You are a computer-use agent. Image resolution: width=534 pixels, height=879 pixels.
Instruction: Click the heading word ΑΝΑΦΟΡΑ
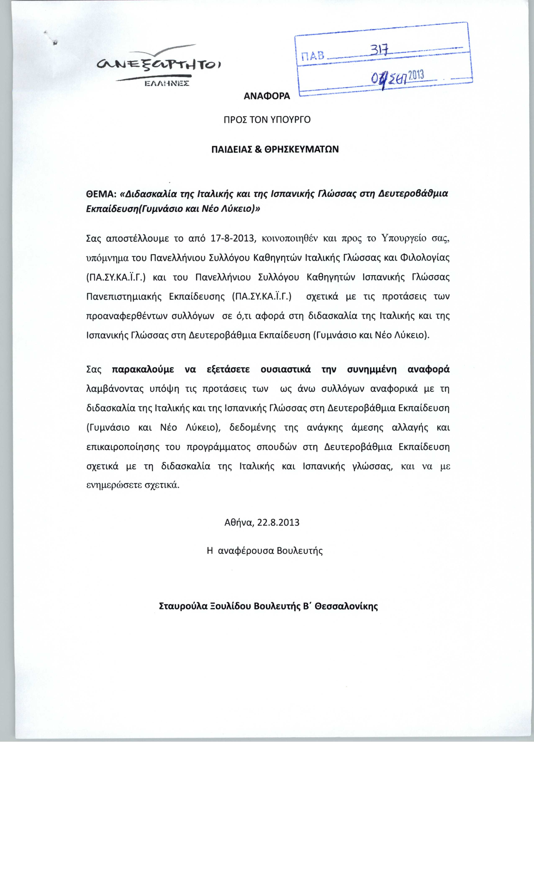tap(267, 96)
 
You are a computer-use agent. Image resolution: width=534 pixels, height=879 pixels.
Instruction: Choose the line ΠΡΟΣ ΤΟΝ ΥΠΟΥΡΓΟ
tap(267, 120)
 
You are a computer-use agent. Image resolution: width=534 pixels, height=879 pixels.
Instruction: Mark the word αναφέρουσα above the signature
tap(246, 550)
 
